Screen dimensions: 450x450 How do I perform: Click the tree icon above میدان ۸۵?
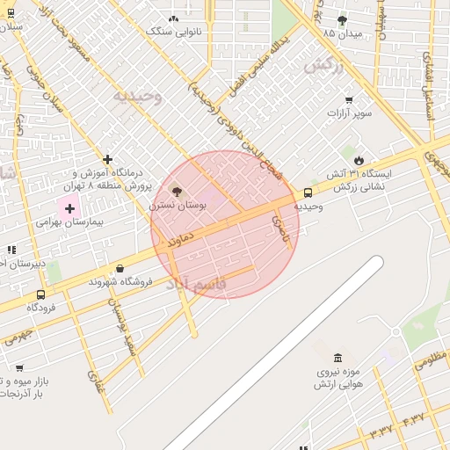342,20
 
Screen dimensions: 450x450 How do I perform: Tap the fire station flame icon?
359,159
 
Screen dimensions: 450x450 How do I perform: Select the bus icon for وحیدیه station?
308,192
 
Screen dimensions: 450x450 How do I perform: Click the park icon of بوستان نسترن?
176,191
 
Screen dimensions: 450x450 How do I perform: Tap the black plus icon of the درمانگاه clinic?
107,159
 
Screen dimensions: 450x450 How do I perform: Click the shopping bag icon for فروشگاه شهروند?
120,268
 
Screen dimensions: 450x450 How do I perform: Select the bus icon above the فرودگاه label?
40,294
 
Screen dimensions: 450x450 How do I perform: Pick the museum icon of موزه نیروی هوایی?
338,358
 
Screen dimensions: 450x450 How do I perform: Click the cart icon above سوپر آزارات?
349,99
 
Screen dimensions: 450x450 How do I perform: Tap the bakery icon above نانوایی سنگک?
173,18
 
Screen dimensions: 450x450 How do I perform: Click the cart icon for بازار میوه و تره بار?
19,367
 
